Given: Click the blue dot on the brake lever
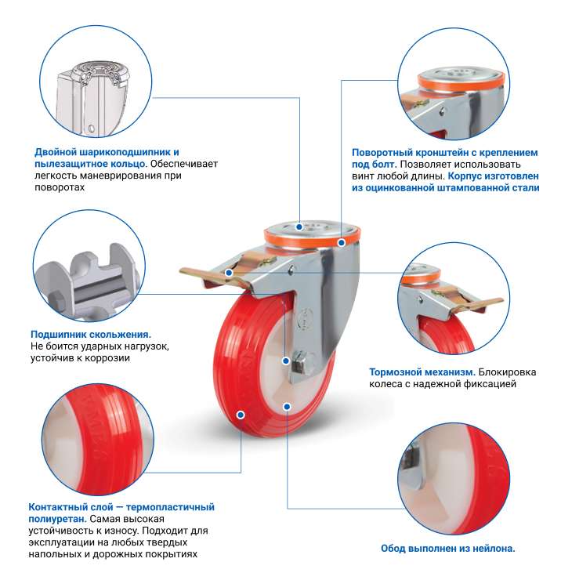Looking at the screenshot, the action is tap(229, 273).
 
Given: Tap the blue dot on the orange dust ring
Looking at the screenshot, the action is tap(342, 243).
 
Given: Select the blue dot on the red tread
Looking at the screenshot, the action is tap(241, 415).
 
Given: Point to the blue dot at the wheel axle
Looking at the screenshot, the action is tap(286, 361).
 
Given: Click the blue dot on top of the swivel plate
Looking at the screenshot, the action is tap(299, 227).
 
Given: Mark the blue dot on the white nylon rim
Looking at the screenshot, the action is tap(287, 407).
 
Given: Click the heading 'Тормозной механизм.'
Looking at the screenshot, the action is tap(422, 372).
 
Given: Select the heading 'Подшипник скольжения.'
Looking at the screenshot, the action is tap(91, 335).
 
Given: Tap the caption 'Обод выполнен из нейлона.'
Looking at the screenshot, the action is tap(448, 548).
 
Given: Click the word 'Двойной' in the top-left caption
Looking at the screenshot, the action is tap(56, 152).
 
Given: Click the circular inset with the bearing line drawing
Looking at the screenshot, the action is tap(96, 81).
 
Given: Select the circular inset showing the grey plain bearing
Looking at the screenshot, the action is tap(89, 266).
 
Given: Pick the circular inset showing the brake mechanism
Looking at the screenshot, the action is tap(454, 298).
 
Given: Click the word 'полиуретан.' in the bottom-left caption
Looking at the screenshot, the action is tap(57, 519).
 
